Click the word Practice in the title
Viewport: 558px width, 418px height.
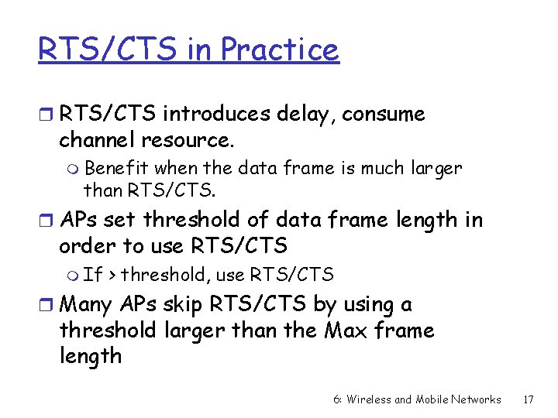[280, 50]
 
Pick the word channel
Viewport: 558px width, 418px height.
[98, 140]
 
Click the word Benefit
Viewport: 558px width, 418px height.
[117, 168]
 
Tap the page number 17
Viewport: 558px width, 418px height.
[529, 399]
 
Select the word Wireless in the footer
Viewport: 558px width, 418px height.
[369, 399]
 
